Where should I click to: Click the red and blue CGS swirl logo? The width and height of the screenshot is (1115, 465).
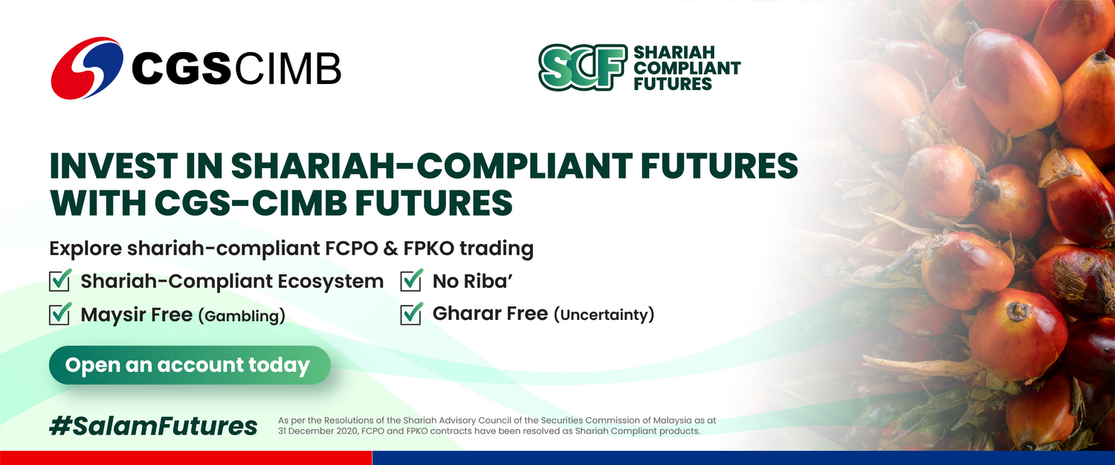coord(87,68)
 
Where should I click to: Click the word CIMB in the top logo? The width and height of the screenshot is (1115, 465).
coord(287,68)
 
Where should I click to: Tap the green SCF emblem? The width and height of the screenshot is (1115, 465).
coord(583,67)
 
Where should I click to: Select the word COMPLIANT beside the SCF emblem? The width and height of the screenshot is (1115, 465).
coord(687,68)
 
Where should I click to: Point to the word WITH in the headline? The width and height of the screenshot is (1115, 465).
coord(98,202)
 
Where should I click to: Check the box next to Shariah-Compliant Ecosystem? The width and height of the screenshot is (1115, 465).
coord(59,280)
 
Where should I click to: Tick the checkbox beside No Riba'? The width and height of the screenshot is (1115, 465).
coord(411,280)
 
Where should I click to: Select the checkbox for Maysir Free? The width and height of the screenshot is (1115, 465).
coord(59,314)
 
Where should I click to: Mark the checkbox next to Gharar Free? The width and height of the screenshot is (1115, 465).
coord(411,314)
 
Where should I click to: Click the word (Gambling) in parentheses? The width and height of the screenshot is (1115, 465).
coord(242,316)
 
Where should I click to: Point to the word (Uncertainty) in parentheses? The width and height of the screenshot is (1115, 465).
coord(604,315)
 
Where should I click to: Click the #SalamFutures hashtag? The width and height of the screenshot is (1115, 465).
coord(153,426)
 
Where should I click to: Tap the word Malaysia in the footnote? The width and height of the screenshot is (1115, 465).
coord(673,420)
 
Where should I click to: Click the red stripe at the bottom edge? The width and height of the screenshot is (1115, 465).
coord(186,458)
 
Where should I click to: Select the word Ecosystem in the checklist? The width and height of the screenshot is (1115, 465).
coord(330,281)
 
